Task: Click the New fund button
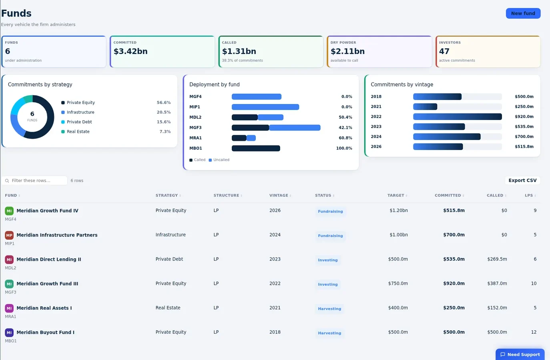click(x=523, y=13)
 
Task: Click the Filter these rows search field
click(x=34, y=180)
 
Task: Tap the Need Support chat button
click(x=520, y=354)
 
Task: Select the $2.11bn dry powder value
click(x=347, y=51)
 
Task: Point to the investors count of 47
click(x=444, y=51)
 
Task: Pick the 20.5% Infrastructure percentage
click(x=164, y=112)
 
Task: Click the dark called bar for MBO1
click(x=256, y=148)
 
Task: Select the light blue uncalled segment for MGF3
click(x=295, y=128)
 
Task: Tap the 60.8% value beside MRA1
click(x=345, y=138)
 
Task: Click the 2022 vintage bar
click(x=458, y=116)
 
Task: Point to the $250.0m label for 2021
click(x=524, y=106)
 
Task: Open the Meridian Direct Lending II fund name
click(x=49, y=259)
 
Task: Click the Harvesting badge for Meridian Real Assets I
click(x=329, y=308)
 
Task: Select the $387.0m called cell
click(x=497, y=284)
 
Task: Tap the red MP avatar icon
click(x=9, y=235)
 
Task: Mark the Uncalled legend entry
click(x=219, y=160)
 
